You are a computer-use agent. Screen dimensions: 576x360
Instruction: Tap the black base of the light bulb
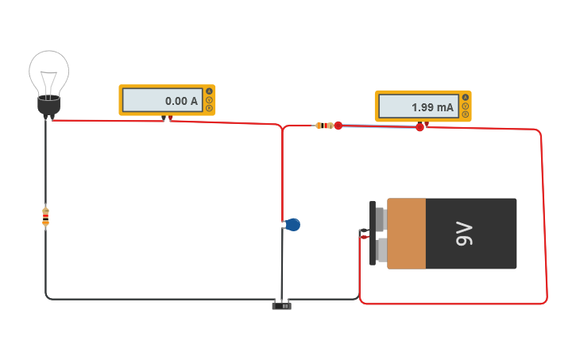click(x=48, y=106)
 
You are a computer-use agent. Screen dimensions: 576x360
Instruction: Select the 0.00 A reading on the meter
click(x=181, y=101)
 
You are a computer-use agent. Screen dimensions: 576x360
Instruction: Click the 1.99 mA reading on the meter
click(x=432, y=107)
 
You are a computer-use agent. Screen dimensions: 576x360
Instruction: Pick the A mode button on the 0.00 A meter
click(x=209, y=91)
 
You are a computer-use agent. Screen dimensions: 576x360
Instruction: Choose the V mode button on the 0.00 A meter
click(x=209, y=99)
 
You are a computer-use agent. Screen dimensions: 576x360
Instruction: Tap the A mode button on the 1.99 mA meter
click(x=466, y=97)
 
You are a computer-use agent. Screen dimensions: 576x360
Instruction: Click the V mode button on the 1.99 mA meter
click(x=466, y=106)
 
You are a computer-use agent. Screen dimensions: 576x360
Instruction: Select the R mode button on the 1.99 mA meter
click(x=466, y=114)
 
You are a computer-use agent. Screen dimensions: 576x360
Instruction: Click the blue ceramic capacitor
click(x=292, y=224)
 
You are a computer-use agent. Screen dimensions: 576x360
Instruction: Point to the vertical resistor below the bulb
click(x=45, y=216)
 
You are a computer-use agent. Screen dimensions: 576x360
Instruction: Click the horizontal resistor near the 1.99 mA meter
click(x=324, y=126)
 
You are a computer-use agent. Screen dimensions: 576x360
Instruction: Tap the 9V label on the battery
click(x=464, y=234)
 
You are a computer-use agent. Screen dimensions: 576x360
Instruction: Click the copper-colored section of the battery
click(x=407, y=234)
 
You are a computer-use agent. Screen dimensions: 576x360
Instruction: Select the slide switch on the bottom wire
click(x=282, y=306)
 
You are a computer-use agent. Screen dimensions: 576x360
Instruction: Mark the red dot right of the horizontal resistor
click(x=338, y=126)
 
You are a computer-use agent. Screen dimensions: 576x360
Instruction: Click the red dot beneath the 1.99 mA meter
click(x=419, y=127)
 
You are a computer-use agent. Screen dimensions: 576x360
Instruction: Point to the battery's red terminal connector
click(x=364, y=238)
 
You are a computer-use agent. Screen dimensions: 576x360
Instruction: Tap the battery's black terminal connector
click(x=364, y=230)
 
